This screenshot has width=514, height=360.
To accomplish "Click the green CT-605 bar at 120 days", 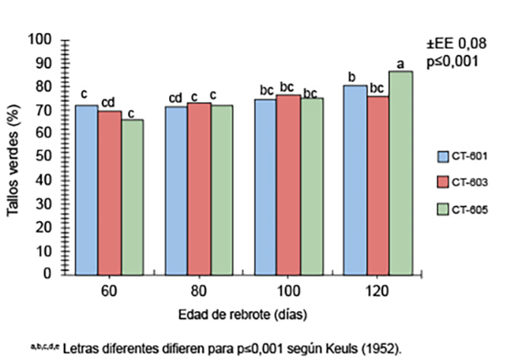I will pos(401,171).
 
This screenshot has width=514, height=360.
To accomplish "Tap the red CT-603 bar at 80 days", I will pos(200,187).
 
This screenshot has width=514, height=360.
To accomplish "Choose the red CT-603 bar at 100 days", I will pos(289,183).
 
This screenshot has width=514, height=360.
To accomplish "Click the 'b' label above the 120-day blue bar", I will pos(353,77).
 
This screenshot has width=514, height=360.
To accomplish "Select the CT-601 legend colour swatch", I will pos(441,158).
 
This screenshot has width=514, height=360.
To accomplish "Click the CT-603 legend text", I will pos(470,183).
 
